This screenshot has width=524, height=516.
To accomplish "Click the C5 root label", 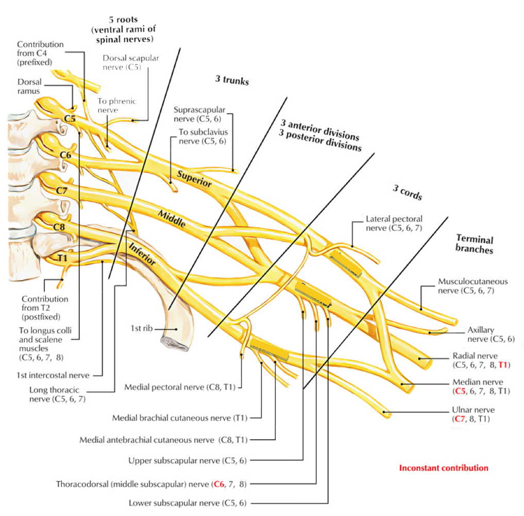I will point(70,119).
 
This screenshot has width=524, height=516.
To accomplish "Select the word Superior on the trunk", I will point(194,179).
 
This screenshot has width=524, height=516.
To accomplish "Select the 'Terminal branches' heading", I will point(474,244).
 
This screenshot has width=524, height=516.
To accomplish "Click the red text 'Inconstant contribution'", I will point(444,468).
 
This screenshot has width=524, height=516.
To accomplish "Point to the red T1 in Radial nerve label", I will point(503,365).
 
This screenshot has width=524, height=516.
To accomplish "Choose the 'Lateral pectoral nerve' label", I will point(394,223).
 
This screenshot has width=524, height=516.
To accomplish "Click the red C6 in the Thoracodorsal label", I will point(218,485).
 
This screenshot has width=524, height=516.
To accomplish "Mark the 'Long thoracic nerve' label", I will point(57,395).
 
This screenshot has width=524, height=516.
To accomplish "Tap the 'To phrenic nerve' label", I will point(116,106).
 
